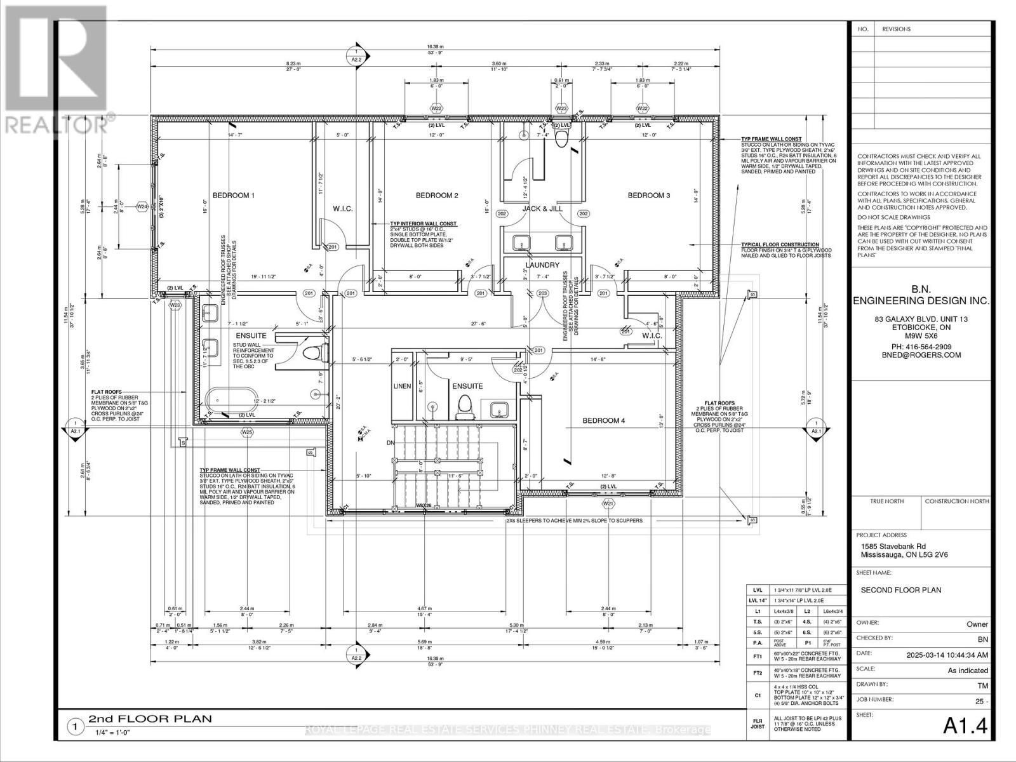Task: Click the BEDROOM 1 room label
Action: pos(233,196)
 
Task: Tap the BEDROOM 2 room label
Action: pos(437,196)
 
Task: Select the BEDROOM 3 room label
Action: pos(648,196)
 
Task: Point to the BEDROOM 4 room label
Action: pos(604,420)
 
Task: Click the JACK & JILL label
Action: pos(543,208)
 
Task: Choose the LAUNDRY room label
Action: pos(542,265)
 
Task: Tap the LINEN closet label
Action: pos(403,386)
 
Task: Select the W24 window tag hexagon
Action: pos(142,206)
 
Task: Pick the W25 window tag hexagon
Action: pos(247,432)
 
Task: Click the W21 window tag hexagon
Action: pos(609,504)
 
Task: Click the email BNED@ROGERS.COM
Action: pos(920,356)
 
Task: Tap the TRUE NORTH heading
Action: pos(886,501)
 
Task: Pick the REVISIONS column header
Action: pos(896,29)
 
